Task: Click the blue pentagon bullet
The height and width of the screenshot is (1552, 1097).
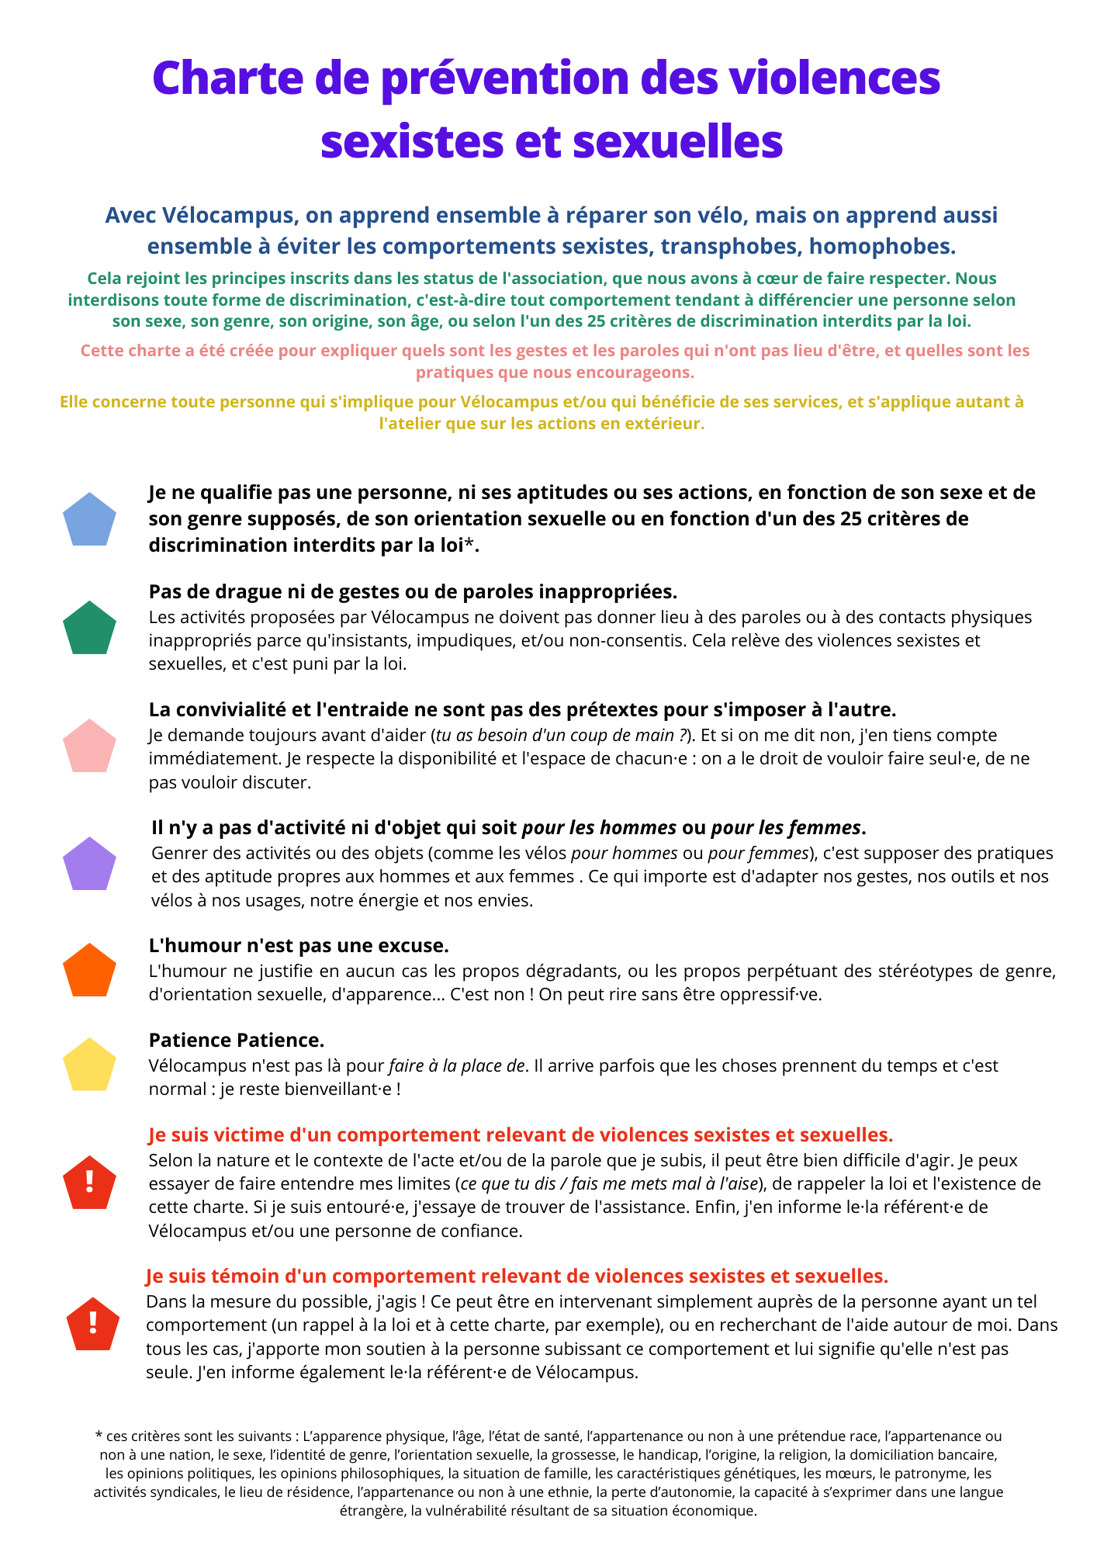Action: [89, 519]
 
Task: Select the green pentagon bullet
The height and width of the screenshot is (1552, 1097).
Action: [89, 628]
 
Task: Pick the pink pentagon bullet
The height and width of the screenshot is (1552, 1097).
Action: [89, 747]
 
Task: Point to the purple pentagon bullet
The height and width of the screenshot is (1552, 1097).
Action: [89, 864]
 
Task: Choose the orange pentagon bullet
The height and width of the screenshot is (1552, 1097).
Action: [89, 971]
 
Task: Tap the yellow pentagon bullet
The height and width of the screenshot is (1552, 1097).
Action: [89, 1065]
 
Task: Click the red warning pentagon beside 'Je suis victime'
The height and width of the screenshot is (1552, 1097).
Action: [89, 1183]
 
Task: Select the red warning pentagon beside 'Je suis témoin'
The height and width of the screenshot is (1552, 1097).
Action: [93, 1325]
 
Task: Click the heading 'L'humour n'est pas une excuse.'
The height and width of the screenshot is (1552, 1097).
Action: [299, 946]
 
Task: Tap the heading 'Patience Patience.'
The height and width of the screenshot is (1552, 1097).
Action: [237, 1040]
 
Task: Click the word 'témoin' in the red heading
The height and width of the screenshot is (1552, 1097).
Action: [247, 1277]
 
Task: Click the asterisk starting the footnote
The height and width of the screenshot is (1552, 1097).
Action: [98, 1436]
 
